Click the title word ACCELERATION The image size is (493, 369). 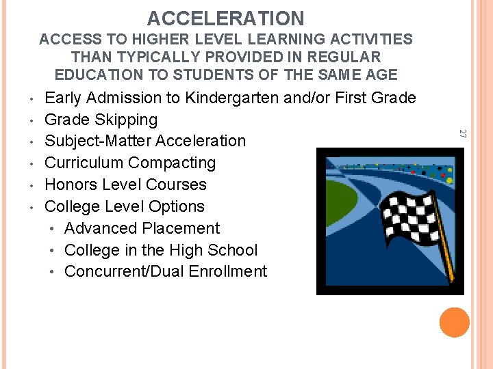pos(225,18)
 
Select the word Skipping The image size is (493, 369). pos(126,120)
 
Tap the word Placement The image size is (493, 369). pos(181,228)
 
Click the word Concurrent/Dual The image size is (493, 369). pos(123,271)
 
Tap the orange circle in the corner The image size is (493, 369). pos(455,323)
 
